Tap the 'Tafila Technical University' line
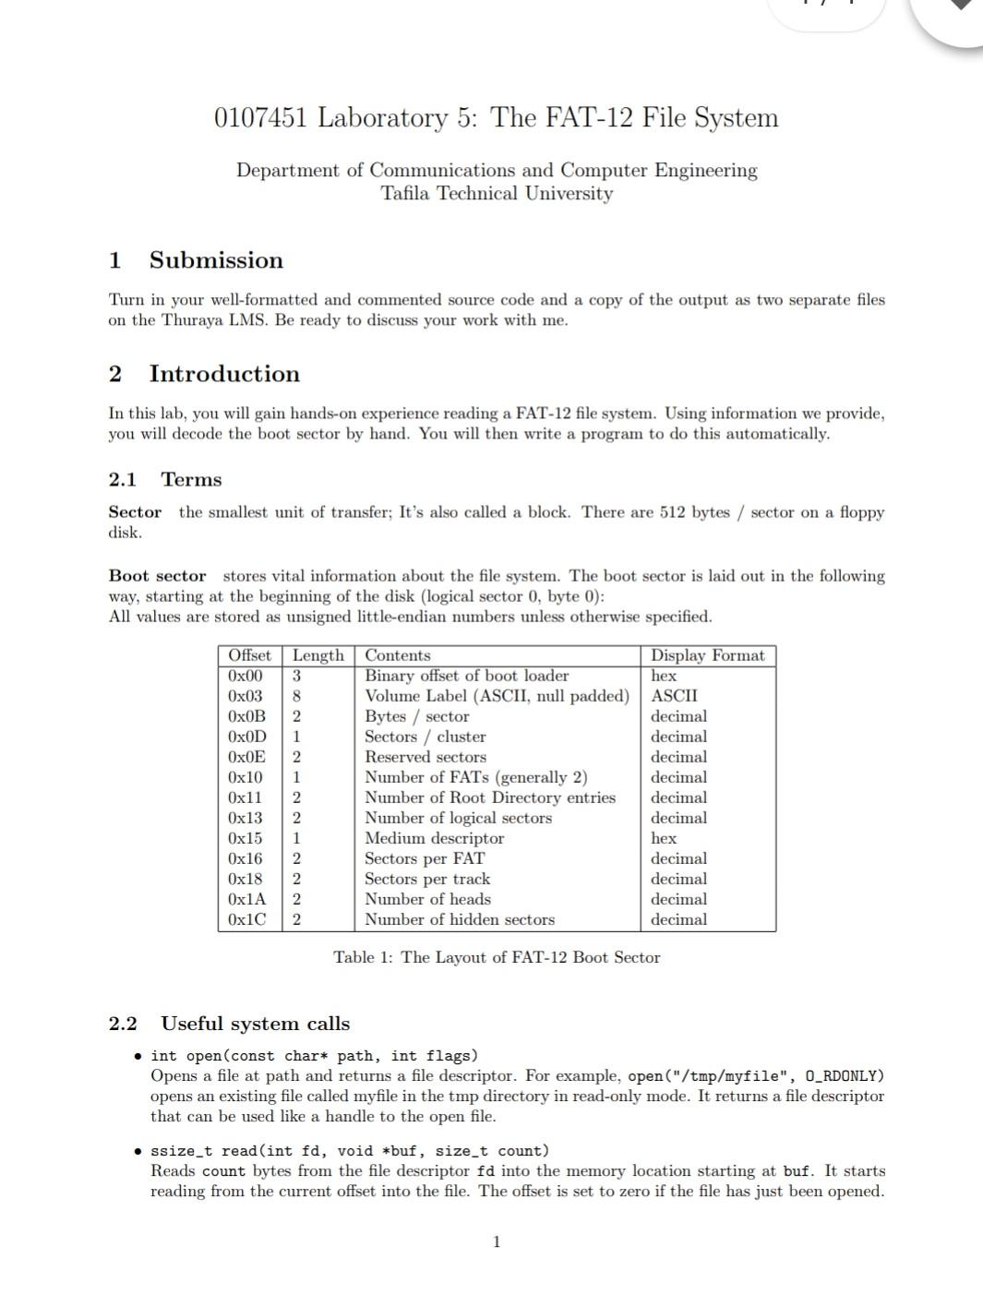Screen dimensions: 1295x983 (x=497, y=194)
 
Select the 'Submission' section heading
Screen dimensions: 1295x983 (x=216, y=260)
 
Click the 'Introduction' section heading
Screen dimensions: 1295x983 (x=224, y=374)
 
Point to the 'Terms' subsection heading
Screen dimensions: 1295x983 (x=191, y=480)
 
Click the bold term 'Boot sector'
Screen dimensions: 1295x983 (x=157, y=576)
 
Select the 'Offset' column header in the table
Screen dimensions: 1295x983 (x=249, y=655)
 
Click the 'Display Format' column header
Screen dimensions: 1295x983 (x=707, y=655)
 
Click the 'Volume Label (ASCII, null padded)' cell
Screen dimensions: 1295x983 (x=497, y=696)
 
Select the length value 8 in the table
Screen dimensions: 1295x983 (x=297, y=696)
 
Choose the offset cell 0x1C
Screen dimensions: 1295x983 (x=246, y=919)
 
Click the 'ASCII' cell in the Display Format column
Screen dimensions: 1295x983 (x=674, y=696)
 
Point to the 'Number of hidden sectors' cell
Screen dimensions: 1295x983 (x=460, y=919)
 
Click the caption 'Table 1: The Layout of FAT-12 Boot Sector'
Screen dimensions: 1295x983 (x=497, y=957)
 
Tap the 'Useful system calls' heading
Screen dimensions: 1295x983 (x=255, y=1024)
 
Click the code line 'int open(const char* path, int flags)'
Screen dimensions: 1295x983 (x=314, y=1056)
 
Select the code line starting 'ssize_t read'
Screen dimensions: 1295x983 (x=349, y=1151)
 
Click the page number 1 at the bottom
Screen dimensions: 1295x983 (x=497, y=1241)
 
